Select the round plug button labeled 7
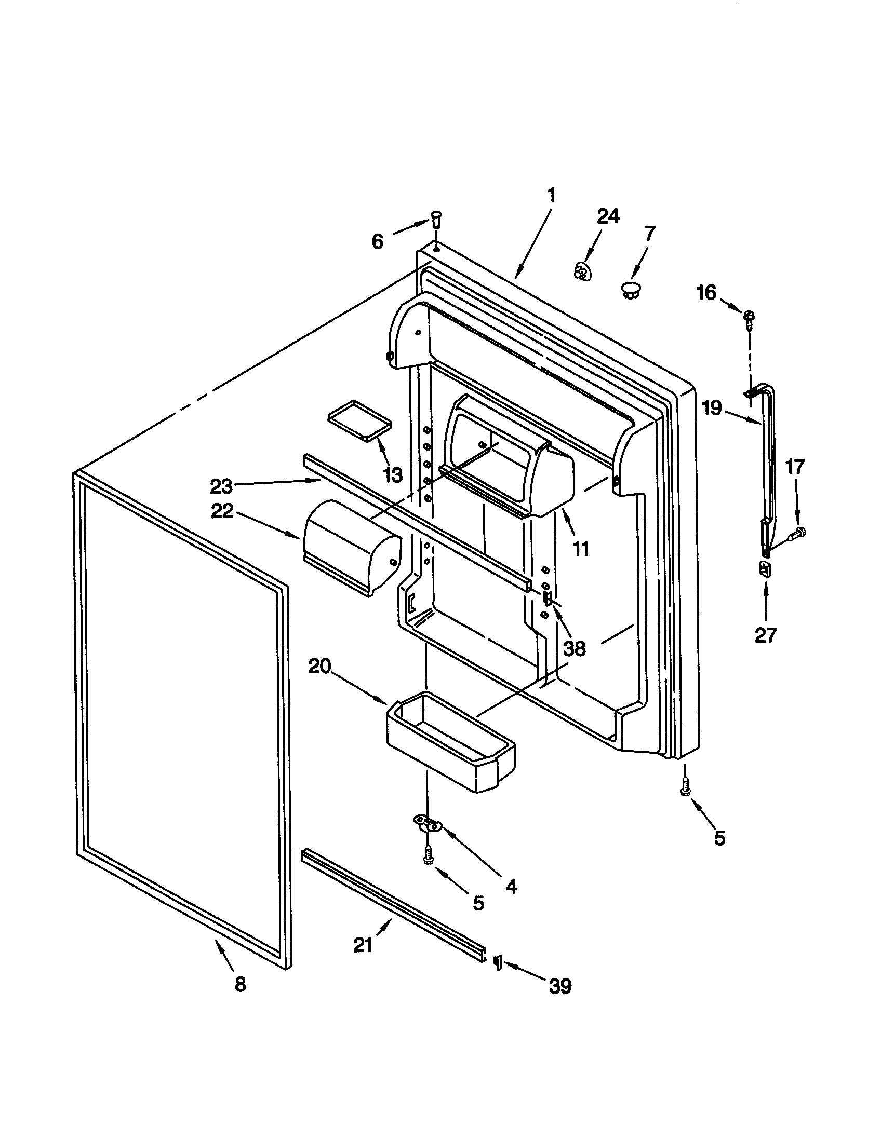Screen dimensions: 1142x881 (632, 289)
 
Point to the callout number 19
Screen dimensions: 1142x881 (712, 407)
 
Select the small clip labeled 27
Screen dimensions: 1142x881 (765, 568)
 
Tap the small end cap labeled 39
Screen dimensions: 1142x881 (498, 962)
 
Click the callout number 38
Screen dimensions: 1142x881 (574, 648)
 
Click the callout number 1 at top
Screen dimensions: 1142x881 (551, 196)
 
